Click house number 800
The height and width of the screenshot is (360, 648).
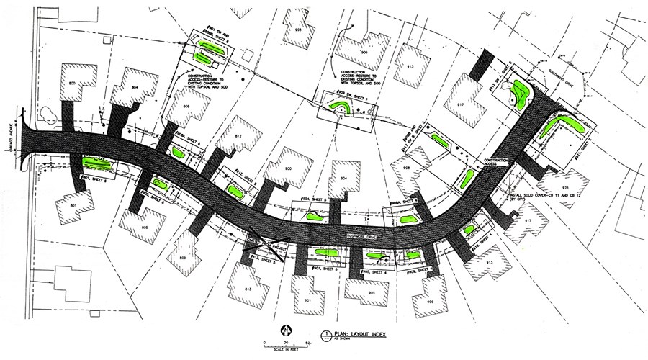(x=73, y=85)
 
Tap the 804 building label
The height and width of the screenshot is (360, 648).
(x=135, y=87)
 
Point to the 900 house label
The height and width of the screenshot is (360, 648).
(x=287, y=168)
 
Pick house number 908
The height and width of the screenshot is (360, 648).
(x=407, y=168)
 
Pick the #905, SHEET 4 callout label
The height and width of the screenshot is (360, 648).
(x=371, y=273)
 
